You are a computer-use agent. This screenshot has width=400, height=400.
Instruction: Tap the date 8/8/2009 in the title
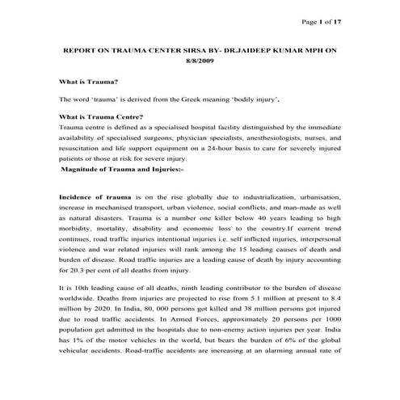200,70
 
